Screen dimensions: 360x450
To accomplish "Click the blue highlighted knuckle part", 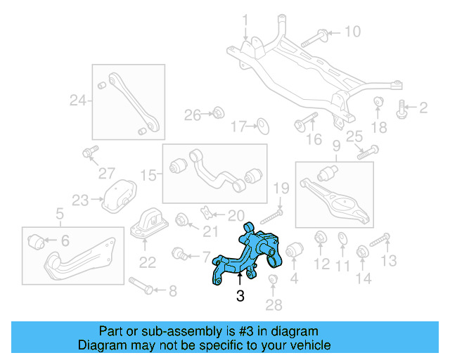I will pyautogui.click(x=246, y=257).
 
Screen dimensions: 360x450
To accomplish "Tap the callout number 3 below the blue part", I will pyautogui.click(x=240, y=297).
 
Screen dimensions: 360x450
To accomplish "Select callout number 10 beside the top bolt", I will pyautogui.click(x=352, y=32).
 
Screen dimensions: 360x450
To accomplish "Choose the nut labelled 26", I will pyautogui.click(x=218, y=112).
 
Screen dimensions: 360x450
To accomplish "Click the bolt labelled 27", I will pyautogui.click(x=89, y=153).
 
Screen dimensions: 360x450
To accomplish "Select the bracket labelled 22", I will pyautogui.click(x=148, y=224).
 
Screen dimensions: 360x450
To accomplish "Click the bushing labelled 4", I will pyautogui.click(x=294, y=250).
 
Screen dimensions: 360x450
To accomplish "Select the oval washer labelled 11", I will pyautogui.click(x=342, y=238).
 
